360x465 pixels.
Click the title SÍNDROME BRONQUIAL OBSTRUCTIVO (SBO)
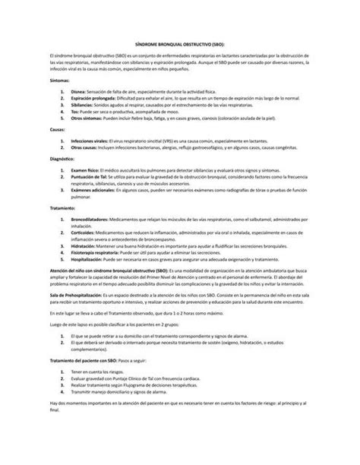pos(179,46)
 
